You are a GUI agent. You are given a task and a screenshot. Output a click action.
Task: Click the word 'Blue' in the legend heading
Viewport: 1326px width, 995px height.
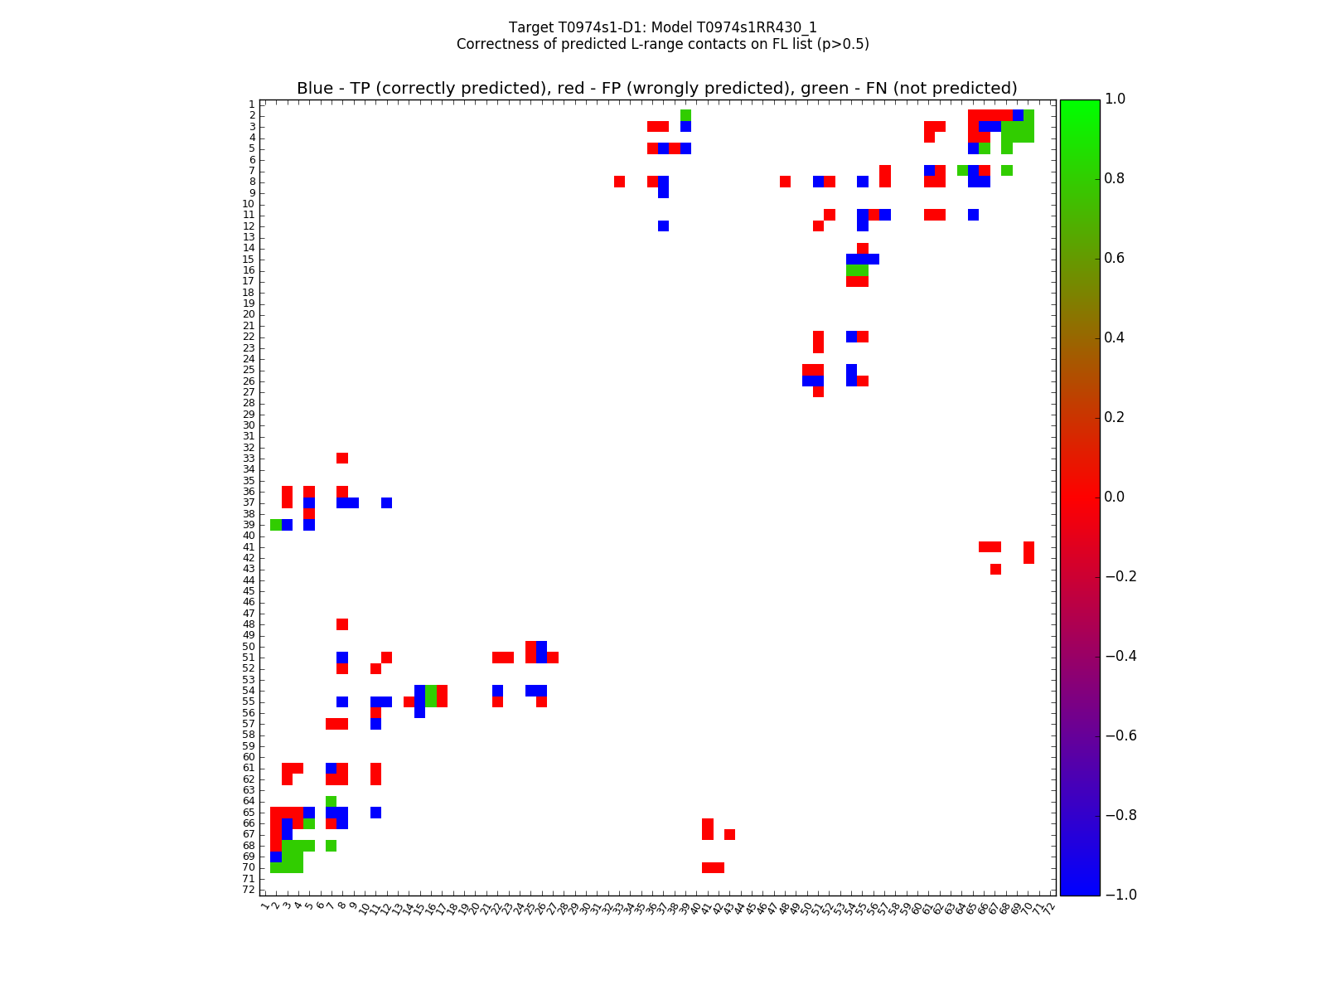(315, 89)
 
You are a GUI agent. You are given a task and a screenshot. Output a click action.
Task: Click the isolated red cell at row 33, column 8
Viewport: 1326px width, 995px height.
(342, 459)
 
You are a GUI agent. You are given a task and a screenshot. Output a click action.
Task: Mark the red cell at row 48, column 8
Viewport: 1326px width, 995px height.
(342, 624)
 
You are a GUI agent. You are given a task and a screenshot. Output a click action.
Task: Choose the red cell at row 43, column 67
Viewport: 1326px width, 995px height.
(995, 569)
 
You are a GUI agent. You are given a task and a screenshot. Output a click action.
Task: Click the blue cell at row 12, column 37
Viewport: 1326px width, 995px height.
(664, 226)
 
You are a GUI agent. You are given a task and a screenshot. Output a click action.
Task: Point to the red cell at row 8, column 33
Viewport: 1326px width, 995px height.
(619, 182)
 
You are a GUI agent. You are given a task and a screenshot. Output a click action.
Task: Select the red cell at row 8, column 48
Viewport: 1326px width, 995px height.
(785, 182)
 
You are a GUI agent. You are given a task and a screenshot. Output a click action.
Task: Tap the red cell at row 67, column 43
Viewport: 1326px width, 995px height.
(729, 834)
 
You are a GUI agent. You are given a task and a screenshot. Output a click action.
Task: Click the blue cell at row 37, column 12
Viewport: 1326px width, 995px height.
(386, 502)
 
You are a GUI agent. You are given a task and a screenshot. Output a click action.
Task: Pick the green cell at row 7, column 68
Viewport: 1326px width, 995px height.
(1006, 171)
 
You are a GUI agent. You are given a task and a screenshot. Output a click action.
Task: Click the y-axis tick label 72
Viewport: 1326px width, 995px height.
(249, 890)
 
